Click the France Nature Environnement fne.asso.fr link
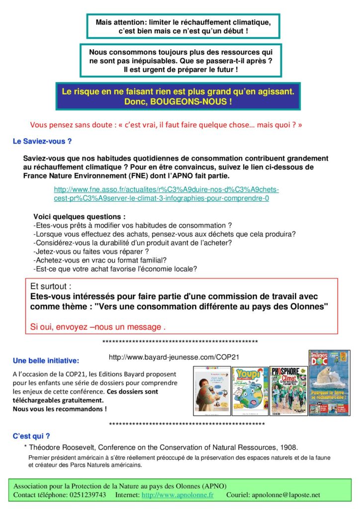coord(167,194)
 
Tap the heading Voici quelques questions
coord(80,217)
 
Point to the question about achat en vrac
coord(100,260)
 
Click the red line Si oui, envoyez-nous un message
coord(97,327)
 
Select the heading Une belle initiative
coord(46,360)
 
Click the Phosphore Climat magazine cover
coord(288,391)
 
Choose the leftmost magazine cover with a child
coord(212,391)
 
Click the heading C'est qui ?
coord(31,436)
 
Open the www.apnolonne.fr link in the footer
coord(178,495)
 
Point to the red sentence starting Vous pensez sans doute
coord(166,125)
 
